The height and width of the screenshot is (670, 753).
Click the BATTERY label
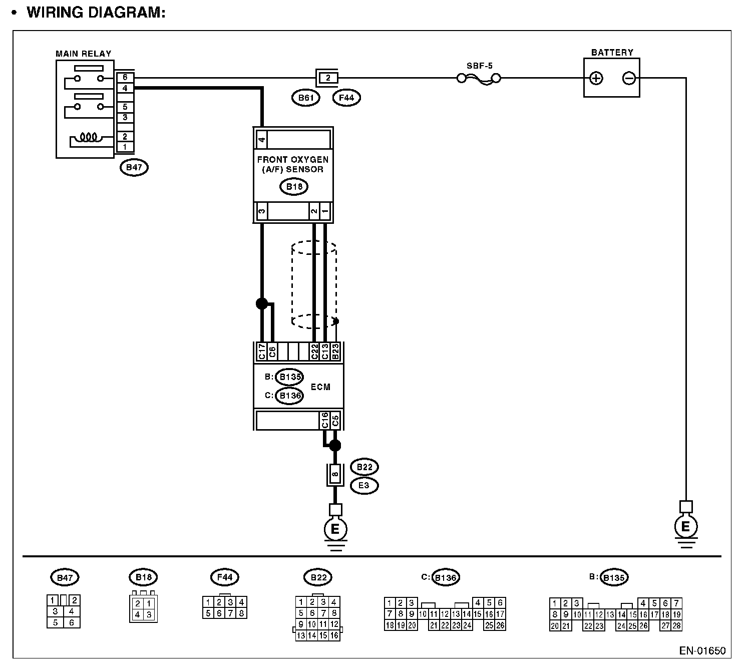tap(612, 53)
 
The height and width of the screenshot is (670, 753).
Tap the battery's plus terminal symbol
tap(596, 78)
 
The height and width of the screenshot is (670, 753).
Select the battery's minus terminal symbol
tap(629, 78)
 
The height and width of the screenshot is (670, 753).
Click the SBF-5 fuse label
tap(479, 65)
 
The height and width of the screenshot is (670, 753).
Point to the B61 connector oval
tap(305, 98)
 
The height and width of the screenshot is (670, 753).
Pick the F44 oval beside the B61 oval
tap(346, 98)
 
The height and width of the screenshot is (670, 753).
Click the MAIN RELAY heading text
tap(84, 54)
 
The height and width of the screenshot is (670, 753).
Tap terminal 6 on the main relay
tap(125, 78)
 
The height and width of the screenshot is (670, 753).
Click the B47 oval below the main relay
tap(134, 167)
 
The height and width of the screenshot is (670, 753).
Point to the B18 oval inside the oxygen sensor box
tap(293, 187)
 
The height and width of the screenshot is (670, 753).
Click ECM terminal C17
tap(261, 352)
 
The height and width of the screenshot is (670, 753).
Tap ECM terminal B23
tap(336, 352)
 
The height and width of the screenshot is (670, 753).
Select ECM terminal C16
tap(324, 420)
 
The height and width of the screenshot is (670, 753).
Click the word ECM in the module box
tap(320, 387)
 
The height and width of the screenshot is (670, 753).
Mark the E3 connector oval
tap(364, 485)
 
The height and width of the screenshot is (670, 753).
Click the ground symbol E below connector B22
tap(335, 529)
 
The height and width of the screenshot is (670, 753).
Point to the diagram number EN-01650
tap(702, 651)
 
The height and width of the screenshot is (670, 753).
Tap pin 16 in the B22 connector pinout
tap(334, 635)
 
